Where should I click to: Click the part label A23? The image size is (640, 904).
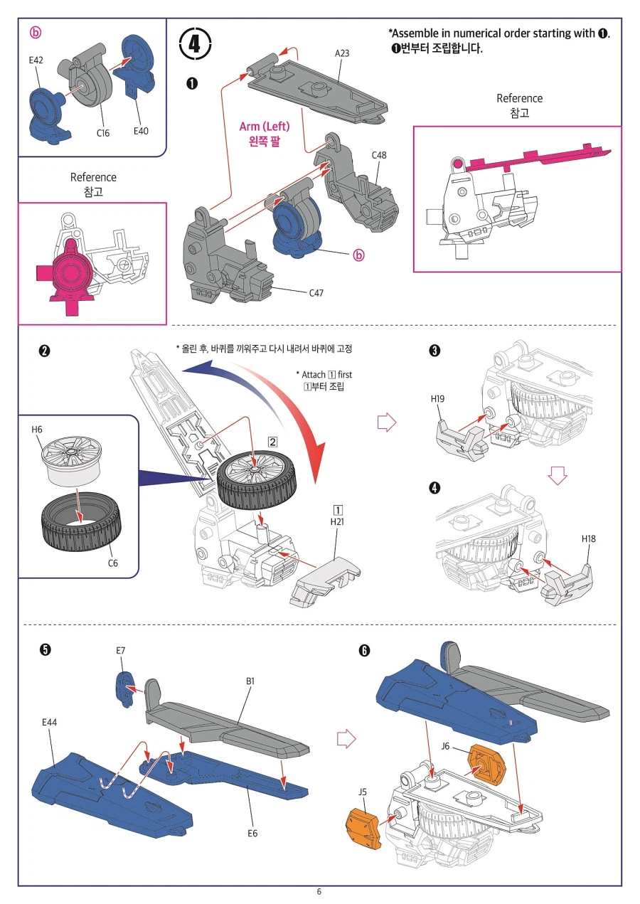342,53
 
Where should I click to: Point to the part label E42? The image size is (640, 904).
37,60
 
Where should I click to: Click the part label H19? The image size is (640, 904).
438,399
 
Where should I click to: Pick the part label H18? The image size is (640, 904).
588,538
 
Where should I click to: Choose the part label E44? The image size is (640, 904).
50,723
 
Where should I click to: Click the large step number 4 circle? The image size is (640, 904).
195,44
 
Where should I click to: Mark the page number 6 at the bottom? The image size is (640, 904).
320,892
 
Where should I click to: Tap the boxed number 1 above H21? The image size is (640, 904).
338,509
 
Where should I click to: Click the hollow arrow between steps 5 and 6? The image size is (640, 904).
345,739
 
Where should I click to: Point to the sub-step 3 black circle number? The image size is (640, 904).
435,350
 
